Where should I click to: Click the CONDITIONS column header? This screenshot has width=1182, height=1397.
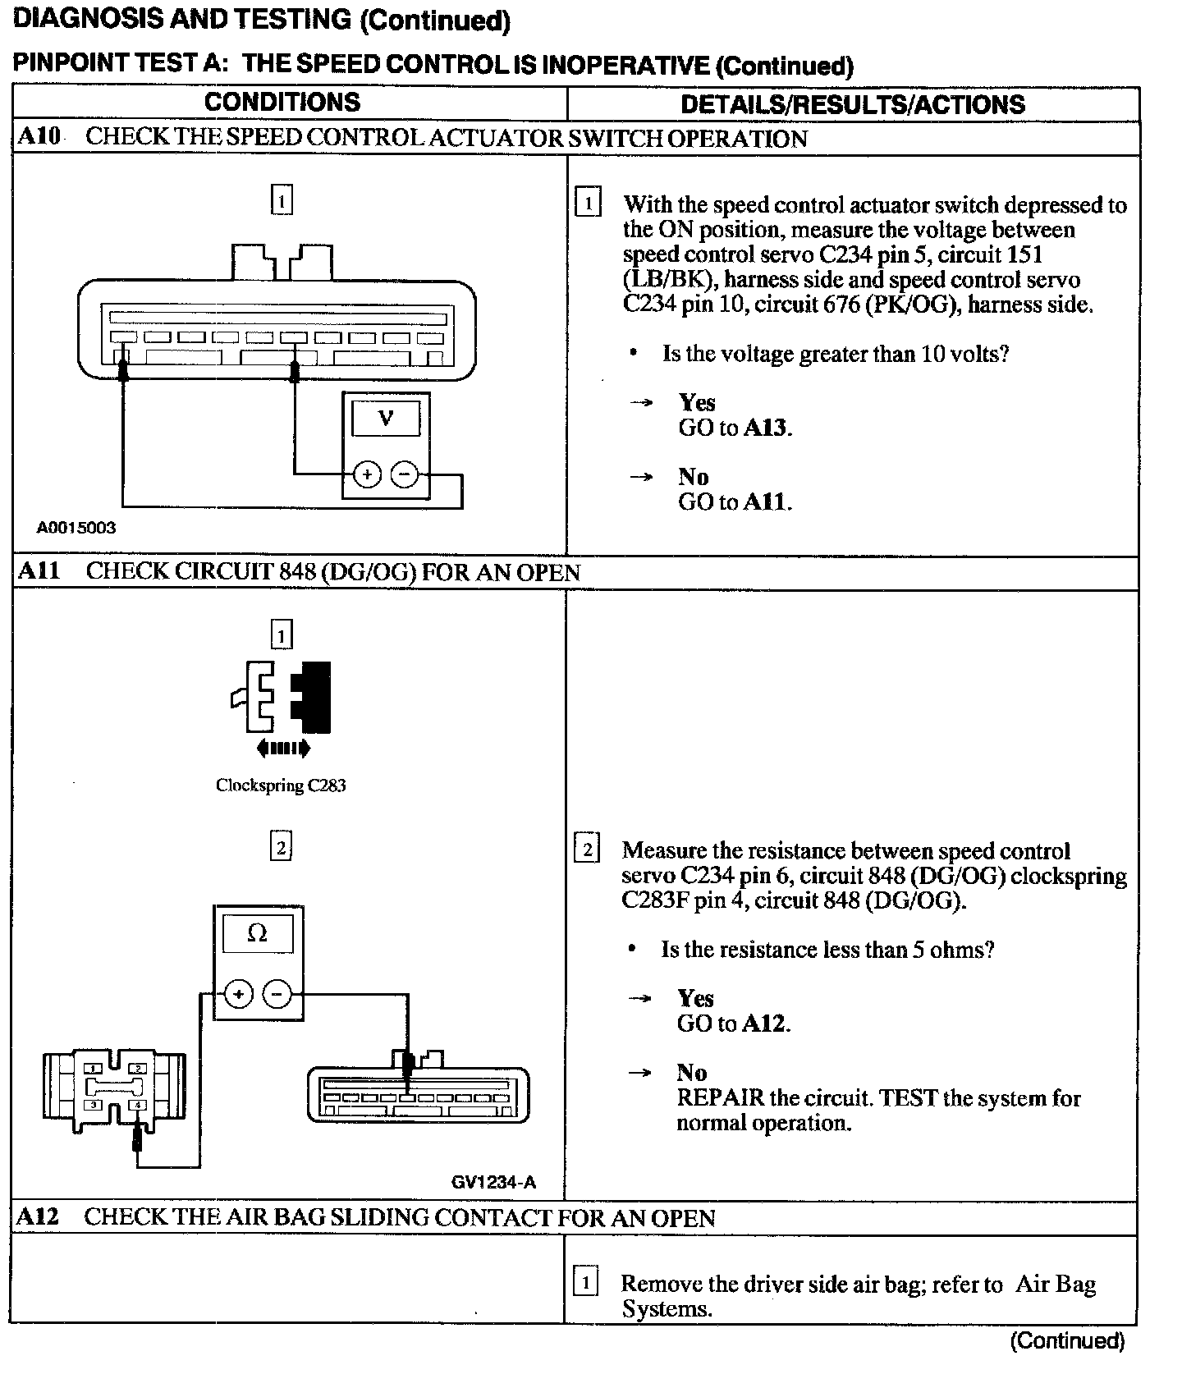[x=282, y=102]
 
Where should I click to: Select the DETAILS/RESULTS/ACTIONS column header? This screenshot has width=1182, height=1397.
[x=853, y=104]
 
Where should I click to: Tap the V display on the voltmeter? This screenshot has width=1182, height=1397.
[x=385, y=419]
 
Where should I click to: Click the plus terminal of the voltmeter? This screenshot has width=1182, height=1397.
[x=367, y=474]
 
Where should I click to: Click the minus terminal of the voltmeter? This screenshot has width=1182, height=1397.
[x=404, y=474]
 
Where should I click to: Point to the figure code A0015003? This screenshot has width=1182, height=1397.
[x=76, y=528]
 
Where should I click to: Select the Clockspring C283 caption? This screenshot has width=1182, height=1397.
[x=281, y=786]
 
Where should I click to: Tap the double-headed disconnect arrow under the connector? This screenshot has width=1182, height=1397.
[x=283, y=748]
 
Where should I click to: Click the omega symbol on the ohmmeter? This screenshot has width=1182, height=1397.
[x=257, y=933]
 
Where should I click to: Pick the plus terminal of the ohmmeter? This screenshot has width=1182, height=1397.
[x=238, y=995]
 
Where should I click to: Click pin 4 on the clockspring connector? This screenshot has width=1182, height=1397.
[x=138, y=1105]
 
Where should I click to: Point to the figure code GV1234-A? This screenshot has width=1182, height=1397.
[x=493, y=1182]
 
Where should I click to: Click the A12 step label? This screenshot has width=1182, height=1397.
[x=39, y=1216]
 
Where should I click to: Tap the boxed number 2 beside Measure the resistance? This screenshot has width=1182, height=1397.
[x=586, y=848]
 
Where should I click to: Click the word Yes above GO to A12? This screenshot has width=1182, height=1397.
[x=695, y=998]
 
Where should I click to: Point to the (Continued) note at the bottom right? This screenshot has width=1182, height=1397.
[x=1067, y=1340]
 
